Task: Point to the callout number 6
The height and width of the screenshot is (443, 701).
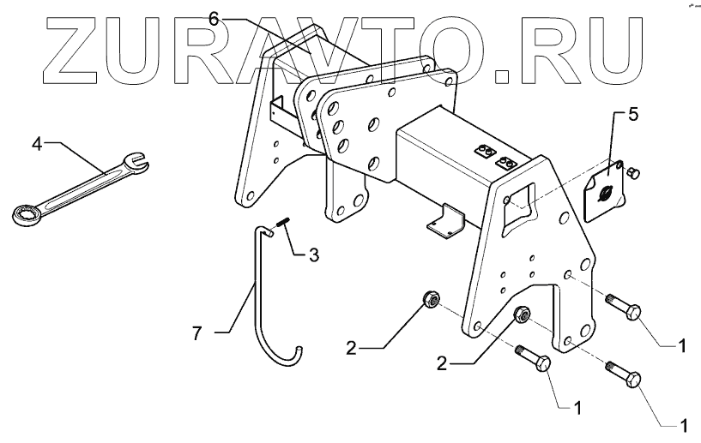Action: (215, 16)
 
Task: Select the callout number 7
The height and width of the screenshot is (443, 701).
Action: (196, 333)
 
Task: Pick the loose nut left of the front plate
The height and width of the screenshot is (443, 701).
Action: (432, 300)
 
